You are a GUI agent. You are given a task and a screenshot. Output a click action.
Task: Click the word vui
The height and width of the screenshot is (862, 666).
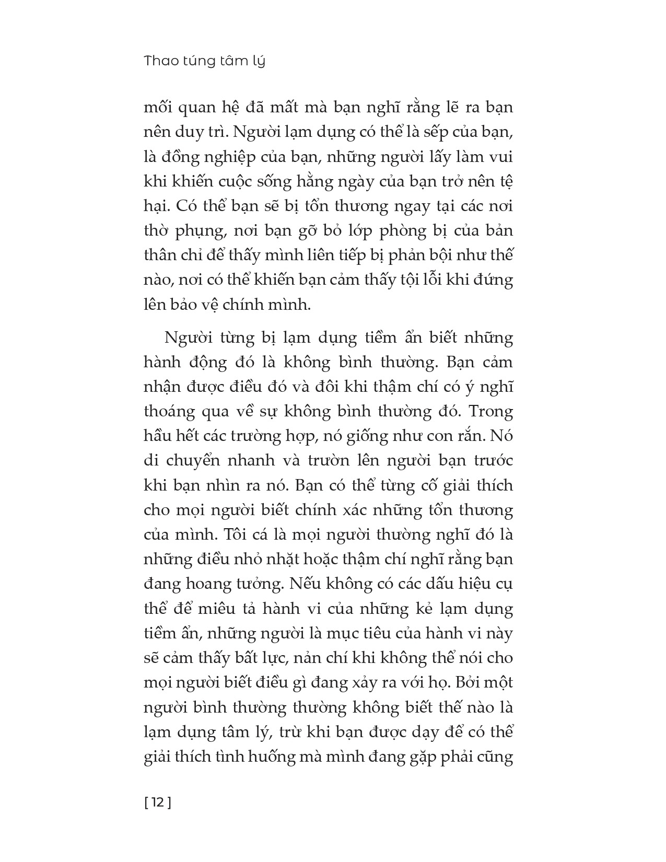[500, 157]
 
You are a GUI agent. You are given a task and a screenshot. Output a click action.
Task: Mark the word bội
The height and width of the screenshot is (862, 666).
[431, 255]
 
